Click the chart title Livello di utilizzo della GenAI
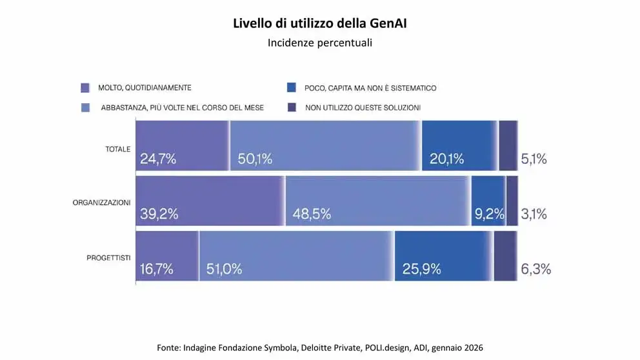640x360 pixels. click(x=320, y=25)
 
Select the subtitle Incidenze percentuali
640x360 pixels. click(x=320, y=43)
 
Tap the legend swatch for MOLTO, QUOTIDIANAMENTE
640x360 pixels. click(x=85, y=87)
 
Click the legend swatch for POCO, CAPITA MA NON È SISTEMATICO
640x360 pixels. click(x=291, y=87)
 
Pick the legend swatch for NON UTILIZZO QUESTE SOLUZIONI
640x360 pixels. click(x=291, y=107)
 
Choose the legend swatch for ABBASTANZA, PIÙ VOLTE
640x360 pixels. click(x=85, y=107)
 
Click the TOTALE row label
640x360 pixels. click(x=118, y=149)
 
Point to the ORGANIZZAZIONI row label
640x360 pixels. click(x=102, y=203)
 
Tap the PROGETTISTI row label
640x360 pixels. click(x=108, y=258)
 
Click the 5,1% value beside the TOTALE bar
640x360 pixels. click(x=534, y=159)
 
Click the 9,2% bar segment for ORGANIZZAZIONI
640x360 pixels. click(x=488, y=201)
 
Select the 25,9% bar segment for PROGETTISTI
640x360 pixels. click(x=444, y=256)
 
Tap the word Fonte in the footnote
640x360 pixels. click(x=168, y=348)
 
